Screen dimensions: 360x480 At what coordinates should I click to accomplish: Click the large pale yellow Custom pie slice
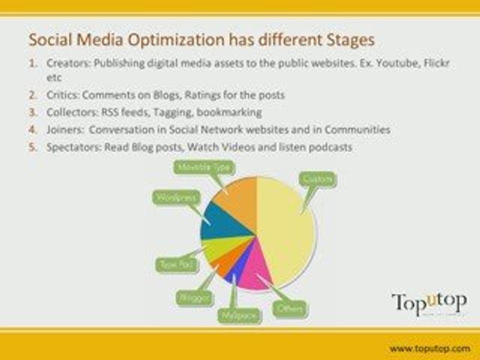(x=287, y=230)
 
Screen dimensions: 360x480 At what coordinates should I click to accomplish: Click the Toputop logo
(x=429, y=303)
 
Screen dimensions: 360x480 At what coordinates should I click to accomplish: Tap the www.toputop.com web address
(x=429, y=348)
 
